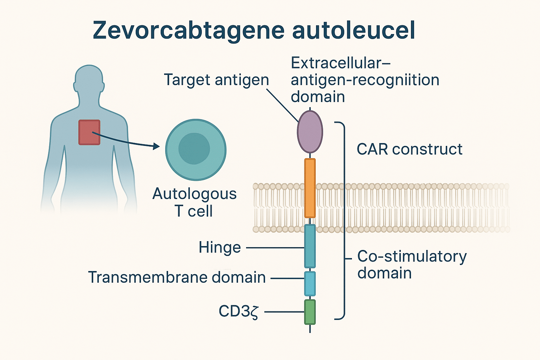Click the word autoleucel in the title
point(353,30)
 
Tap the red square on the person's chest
point(89,133)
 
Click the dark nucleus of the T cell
point(194,149)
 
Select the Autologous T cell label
point(194,202)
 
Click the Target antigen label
point(216,80)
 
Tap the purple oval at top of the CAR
point(310,132)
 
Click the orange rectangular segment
point(310,188)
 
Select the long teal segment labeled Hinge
point(310,246)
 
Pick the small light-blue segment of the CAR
point(310,284)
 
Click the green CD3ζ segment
point(310,312)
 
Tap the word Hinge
point(220,247)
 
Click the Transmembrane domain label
point(177,277)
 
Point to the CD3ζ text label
point(239,311)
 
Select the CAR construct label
point(409,149)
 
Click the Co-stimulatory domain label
point(411,264)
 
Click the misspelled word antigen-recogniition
point(365,80)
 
